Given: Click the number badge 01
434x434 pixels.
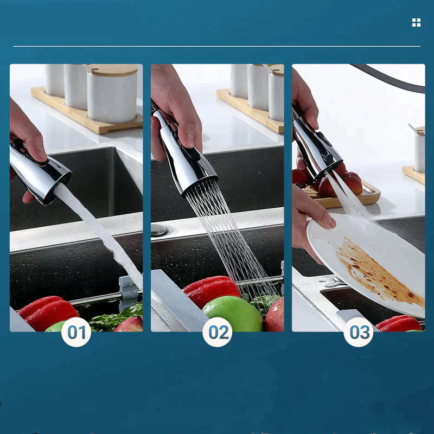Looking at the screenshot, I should pos(76,332).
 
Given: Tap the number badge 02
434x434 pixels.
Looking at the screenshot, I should pos(218,332).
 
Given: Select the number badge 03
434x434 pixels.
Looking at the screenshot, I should pos(359,332).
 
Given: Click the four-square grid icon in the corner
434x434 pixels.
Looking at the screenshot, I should pos(416,22).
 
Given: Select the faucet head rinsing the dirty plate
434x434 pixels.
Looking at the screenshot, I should pos(317,146).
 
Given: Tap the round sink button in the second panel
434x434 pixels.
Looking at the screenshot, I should pos(159,230).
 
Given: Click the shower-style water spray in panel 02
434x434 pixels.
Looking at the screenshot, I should pos(228,239).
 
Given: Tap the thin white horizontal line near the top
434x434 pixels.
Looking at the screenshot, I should pos(217,46).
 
